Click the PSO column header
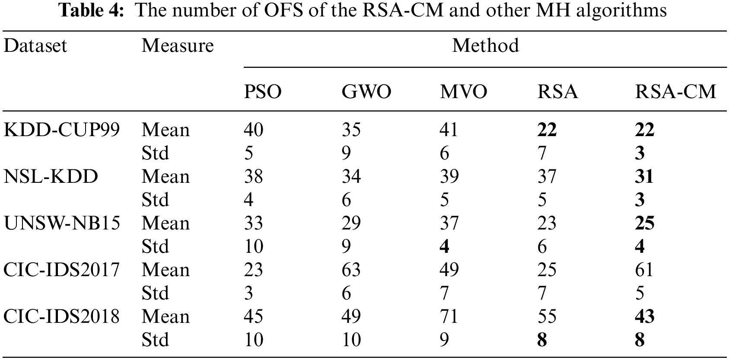[263, 92]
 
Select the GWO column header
[366, 92]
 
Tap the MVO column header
[463, 92]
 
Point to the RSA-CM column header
[675, 92]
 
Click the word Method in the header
[485, 45]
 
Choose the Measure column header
[177, 45]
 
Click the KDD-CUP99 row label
[61, 130]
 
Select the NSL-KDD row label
[51, 176]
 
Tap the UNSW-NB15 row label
[61, 223]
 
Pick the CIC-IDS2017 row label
[61, 270]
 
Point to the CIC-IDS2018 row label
[61, 316]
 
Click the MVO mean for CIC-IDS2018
[449, 316]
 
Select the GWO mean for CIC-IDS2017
[351, 270]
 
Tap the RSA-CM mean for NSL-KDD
[644, 176]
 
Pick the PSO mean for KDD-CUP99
[253, 130]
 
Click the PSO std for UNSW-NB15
[253, 246]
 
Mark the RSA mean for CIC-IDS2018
[547, 316]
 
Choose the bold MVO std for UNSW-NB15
[444, 246]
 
